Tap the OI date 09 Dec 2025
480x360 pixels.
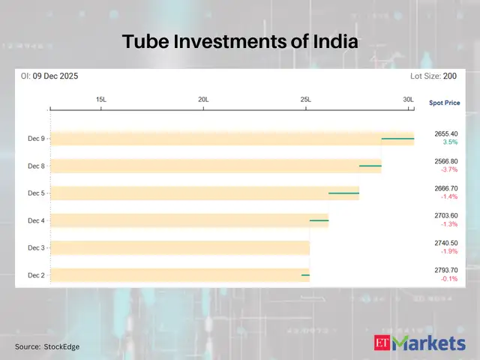click(56, 76)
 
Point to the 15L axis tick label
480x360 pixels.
click(101, 100)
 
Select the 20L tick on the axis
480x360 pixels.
click(203, 100)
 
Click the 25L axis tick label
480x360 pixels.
click(305, 100)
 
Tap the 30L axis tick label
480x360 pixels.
click(408, 100)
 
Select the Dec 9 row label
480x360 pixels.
click(36, 139)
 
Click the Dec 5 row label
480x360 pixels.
click(36, 193)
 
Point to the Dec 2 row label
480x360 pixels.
click(36, 275)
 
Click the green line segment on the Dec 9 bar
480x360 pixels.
click(397, 139)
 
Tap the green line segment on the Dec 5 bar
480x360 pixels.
click(343, 193)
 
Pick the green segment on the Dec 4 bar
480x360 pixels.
click(319, 220)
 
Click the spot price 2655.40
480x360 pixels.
click(446, 133)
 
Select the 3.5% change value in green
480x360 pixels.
click(450, 142)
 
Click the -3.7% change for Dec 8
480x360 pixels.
click(449, 169)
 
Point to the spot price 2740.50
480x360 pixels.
click(446, 243)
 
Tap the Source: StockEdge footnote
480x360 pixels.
click(47, 346)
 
